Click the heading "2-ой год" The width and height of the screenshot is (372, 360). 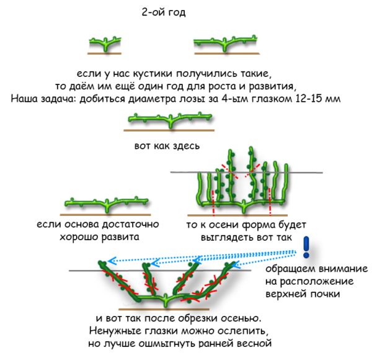(164, 12)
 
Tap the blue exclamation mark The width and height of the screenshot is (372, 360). (306, 247)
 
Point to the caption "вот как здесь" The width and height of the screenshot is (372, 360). (167, 146)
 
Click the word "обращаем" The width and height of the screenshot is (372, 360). (290, 269)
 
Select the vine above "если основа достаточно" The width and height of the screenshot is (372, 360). (107, 204)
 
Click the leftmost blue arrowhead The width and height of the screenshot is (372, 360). (112, 261)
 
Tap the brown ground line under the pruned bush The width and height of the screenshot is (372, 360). (164, 309)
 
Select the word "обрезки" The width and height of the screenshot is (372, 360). (198, 318)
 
